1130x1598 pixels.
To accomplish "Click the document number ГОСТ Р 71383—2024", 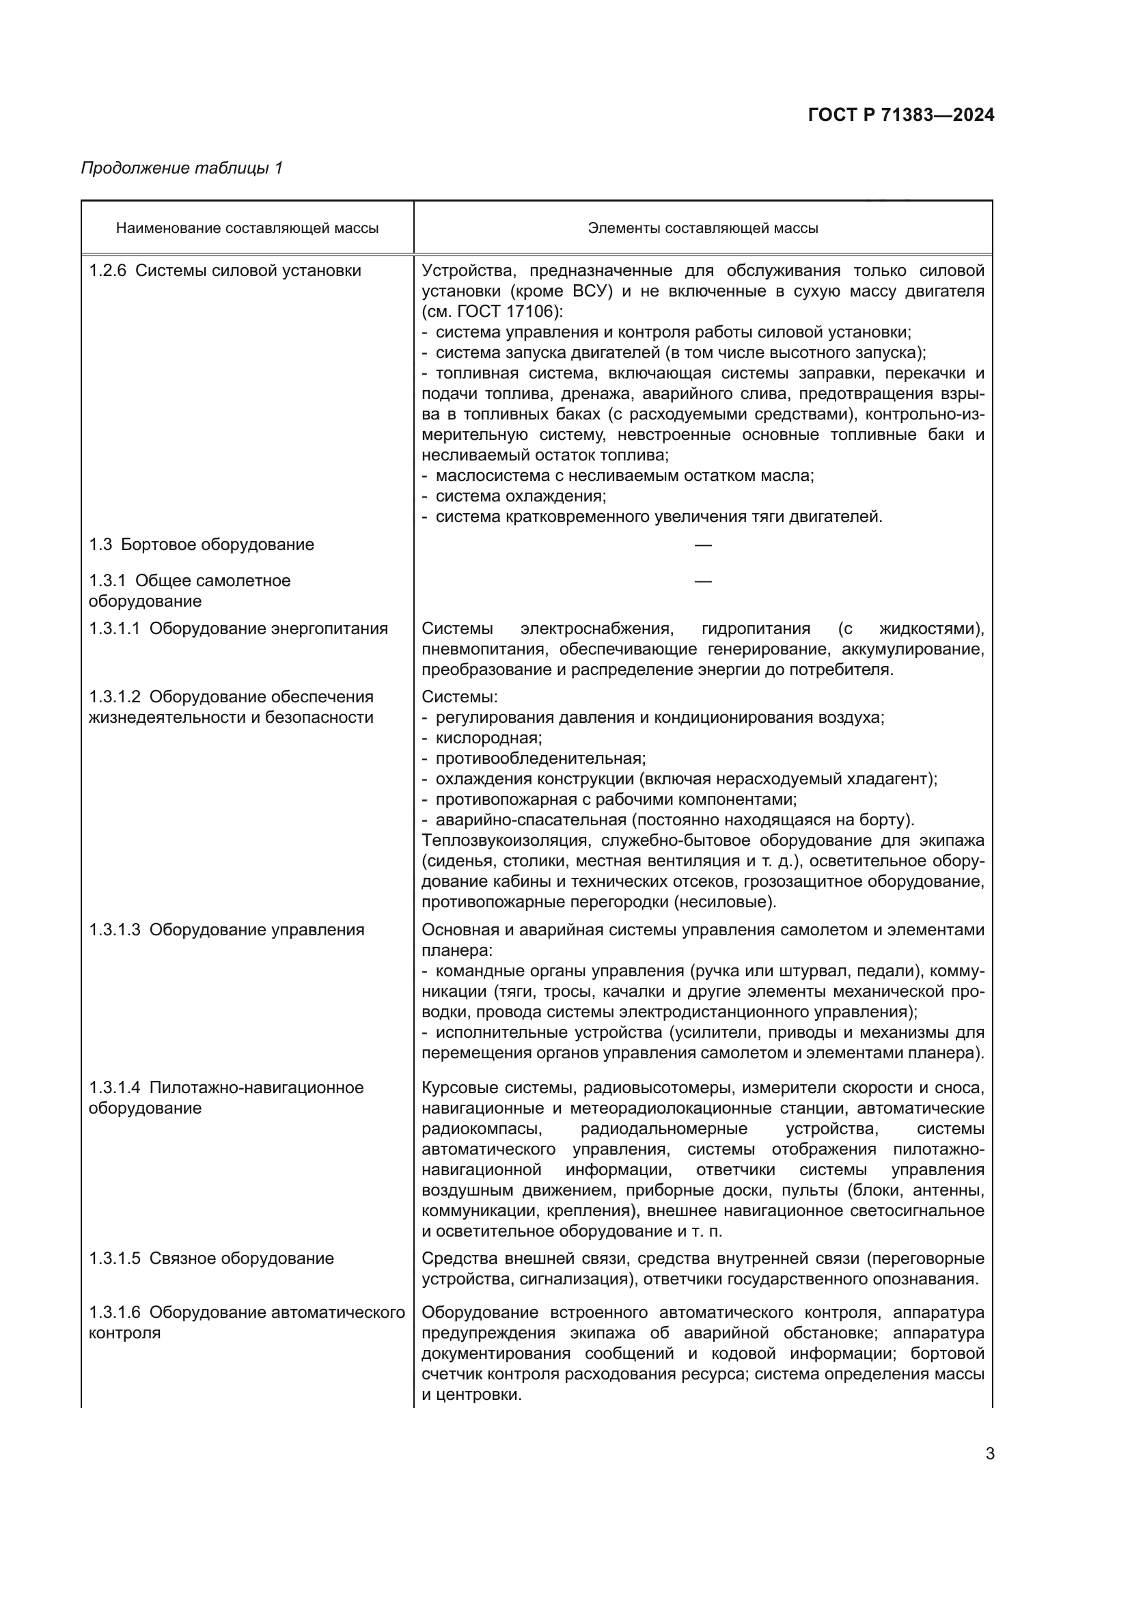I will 901,115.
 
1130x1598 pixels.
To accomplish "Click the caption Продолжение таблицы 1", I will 182,168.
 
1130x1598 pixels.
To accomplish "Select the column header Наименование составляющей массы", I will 247,228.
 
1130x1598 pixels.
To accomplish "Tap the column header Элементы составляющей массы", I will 703,228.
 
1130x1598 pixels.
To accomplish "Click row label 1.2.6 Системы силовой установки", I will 225,271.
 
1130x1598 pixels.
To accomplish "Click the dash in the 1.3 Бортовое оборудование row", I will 703,545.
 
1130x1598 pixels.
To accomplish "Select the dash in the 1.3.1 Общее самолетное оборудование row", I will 703,581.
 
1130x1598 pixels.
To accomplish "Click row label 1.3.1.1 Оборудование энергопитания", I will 238,629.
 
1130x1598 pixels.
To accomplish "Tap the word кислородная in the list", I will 488,738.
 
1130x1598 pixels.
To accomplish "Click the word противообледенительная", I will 540,758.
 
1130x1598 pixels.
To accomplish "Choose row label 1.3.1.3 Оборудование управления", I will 226,931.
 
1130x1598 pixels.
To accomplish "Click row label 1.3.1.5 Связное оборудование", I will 211,1258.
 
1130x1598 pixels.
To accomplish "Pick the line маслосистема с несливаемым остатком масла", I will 624,476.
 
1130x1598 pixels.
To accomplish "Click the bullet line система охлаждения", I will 521,496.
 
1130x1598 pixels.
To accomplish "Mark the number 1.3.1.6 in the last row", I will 114,1312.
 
